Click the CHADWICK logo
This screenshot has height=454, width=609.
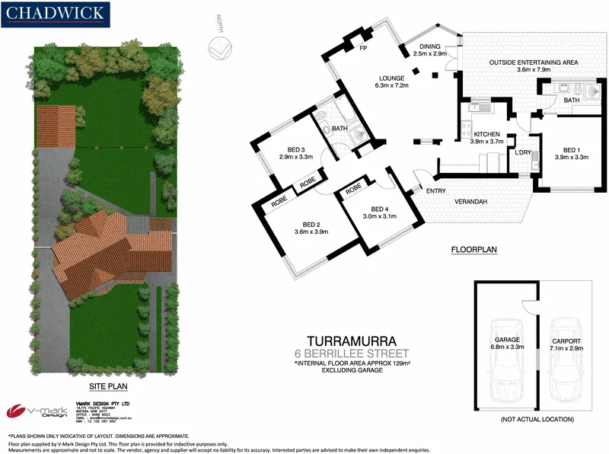tap(56, 13)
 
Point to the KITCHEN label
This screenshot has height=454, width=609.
tap(487, 133)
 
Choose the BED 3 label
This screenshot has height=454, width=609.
tap(292, 149)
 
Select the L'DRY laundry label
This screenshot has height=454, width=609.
tap(522, 153)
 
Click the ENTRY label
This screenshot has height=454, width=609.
tap(436, 191)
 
